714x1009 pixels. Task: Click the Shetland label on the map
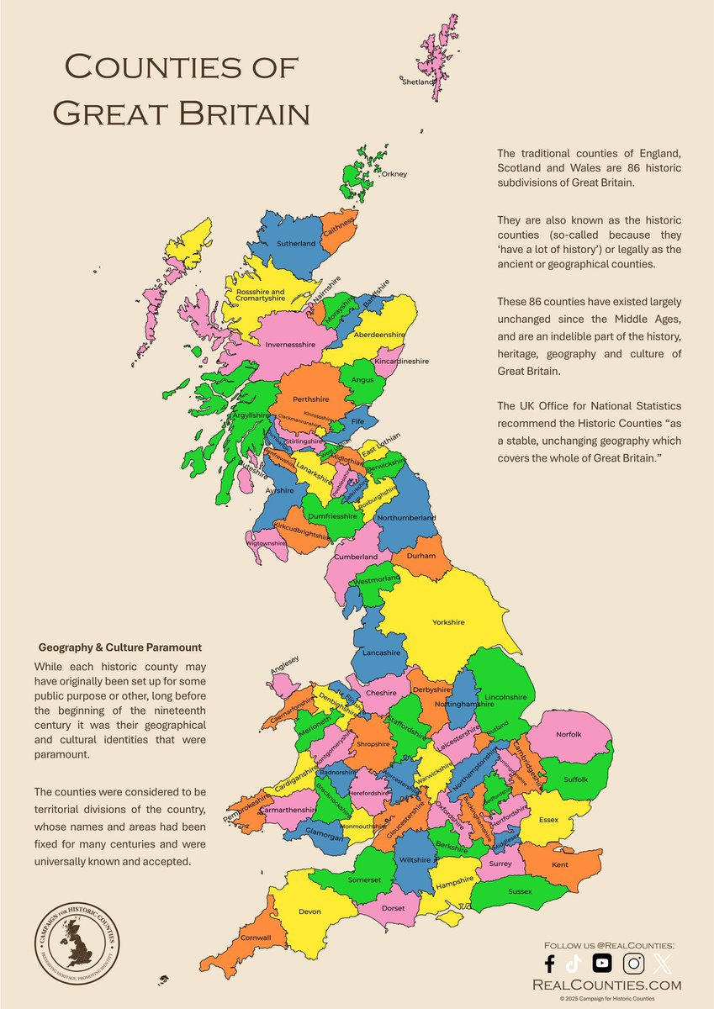417,82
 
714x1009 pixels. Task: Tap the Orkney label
394,174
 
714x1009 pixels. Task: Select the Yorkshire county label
448,622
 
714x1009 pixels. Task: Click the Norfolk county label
569,734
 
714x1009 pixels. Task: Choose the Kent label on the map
560,864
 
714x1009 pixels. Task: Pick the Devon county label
310,911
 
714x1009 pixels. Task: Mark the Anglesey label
284,670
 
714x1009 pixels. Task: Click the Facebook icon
549,964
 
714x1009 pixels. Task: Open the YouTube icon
602,964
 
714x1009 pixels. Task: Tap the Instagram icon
633,964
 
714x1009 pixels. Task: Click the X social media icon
664,964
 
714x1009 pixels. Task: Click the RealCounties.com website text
613,985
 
